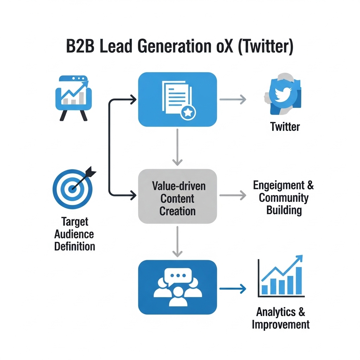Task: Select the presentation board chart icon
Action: [x=73, y=96]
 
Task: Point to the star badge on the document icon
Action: [x=188, y=112]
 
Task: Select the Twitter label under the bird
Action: [x=285, y=127]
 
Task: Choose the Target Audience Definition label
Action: [x=75, y=234]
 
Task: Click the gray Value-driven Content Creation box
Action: [x=178, y=197]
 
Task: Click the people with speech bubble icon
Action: [x=178, y=287]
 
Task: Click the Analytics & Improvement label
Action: [x=281, y=318]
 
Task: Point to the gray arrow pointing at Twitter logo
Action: [x=232, y=99]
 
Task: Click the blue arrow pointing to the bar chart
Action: [x=232, y=289]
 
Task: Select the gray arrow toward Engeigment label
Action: [x=232, y=195]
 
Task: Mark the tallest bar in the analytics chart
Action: [x=299, y=281]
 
